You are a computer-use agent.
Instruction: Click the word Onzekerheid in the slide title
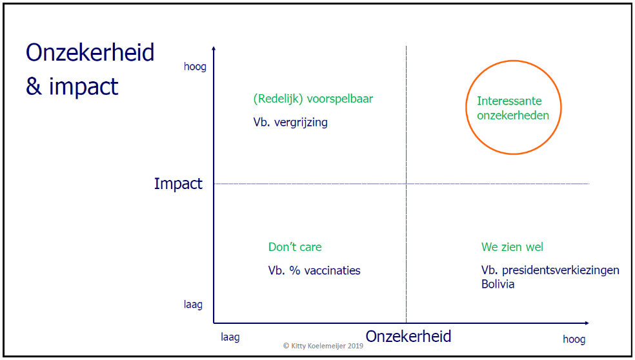coord(90,53)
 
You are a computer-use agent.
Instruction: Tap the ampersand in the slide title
coord(34,86)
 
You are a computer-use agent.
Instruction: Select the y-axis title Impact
coord(177,184)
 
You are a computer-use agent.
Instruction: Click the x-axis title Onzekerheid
coord(408,336)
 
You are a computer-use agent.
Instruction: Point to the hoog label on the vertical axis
coord(195,67)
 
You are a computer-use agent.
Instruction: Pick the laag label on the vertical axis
coord(193,304)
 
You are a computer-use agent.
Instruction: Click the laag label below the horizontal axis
coord(230,337)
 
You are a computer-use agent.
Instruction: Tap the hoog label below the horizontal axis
coord(574,339)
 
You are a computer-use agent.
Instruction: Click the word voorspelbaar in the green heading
coord(340,99)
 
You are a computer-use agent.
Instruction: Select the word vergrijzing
coord(301,123)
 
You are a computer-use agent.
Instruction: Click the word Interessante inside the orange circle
coord(509,101)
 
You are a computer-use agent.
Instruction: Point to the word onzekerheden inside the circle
coord(513,115)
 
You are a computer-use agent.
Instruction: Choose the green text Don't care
coord(295,247)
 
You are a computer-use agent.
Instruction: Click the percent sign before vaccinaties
coord(294,270)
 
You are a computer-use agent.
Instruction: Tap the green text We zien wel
coord(512,247)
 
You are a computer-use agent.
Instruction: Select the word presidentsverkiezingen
coord(561,270)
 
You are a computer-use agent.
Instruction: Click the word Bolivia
coord(498,284)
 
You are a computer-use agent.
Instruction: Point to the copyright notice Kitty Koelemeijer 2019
coord(323,346)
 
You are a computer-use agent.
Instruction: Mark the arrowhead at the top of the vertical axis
coord(214,49)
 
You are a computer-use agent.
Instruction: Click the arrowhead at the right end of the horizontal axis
coord(586,323)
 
